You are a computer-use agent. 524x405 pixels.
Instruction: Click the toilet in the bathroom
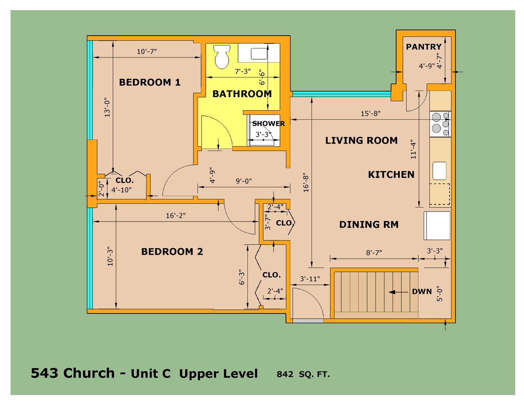coord(221,57)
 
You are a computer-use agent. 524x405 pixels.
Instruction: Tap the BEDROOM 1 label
coord(150,82)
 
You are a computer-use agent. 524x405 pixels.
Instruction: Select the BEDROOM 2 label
coord(172,252)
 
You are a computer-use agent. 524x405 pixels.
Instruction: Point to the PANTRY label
coord(424,46)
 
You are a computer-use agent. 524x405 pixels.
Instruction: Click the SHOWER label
coord(268,123)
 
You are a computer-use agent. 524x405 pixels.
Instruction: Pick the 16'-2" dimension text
coord(175,215)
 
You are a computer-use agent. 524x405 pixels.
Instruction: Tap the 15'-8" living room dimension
coord(370,113)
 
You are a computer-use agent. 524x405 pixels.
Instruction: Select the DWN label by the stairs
coord(422,291)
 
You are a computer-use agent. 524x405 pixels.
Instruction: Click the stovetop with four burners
coord(440,124)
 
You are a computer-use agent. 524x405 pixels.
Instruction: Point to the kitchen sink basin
coord(439,171)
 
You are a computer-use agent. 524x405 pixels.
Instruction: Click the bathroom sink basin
coord(259,54)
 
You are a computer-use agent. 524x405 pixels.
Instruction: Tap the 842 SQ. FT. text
coord(303,374)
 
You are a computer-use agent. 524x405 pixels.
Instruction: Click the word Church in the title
coord(89,373)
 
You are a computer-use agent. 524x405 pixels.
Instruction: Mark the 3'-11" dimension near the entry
coord(310,279)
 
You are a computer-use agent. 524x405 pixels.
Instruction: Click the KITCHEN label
coord(391,175)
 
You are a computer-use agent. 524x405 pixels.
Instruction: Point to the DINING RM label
coord(369,225)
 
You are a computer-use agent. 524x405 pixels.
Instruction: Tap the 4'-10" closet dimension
coord(121,190)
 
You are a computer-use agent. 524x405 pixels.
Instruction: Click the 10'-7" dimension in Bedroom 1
coord(147,52)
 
